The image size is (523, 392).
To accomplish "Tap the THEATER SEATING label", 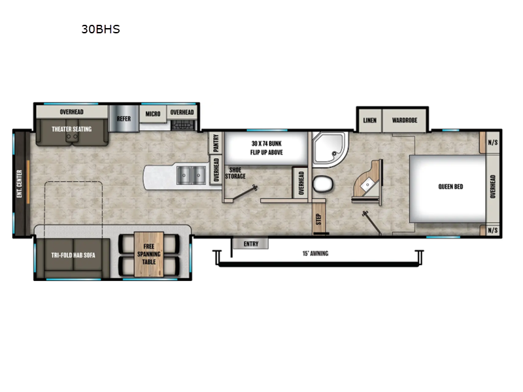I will [x=72, y=129].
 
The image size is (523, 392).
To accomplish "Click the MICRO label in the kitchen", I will [x=153, y=113].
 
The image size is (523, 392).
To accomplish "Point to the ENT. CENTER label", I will [x=20, y=183].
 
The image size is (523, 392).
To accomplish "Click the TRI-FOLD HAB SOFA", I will [x=73, y=255].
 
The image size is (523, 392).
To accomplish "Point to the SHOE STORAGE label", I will [x=235, y=173].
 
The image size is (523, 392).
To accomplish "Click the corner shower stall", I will [x=329, y=150].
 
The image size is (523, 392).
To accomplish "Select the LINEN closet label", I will [x=369, y=120].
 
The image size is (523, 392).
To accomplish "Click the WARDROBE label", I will [x=405, y=120].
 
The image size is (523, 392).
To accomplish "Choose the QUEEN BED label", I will [x=450, y=187].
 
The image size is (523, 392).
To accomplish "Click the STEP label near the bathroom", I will [x=319, y=218].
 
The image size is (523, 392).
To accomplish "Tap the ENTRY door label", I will [x=250, y=244].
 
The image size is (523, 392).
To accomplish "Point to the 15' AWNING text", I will [x=316, y=253].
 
